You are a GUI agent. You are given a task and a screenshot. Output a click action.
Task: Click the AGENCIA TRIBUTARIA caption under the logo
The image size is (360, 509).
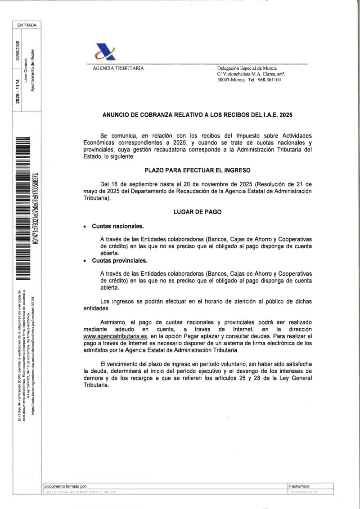coord(118,68)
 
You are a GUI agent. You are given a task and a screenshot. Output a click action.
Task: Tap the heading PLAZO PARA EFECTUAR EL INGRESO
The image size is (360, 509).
coord(197,170)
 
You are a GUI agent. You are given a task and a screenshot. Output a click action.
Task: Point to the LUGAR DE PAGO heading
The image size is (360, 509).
coord(197,211)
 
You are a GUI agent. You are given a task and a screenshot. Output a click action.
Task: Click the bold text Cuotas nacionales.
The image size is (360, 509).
coord(118,226)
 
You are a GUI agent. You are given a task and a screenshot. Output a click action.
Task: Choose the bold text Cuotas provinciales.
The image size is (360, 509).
coord(120,260)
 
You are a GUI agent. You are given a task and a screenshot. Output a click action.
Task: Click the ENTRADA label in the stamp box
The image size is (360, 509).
coord(27,25)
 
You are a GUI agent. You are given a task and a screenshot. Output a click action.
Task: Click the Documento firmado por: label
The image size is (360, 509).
coord(65,486)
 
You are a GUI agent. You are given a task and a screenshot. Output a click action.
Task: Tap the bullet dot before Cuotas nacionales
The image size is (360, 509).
coord(85,227)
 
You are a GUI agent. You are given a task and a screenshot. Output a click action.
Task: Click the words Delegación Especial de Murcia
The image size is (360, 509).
coord(247,68)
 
